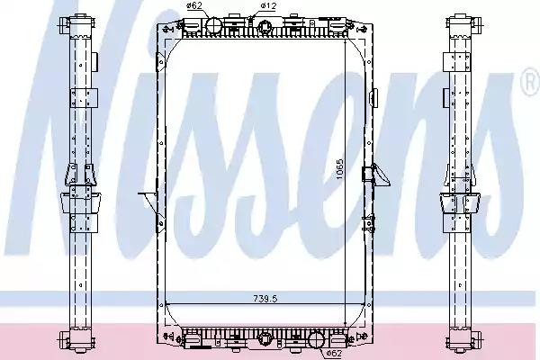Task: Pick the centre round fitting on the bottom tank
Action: click(266, 339)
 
